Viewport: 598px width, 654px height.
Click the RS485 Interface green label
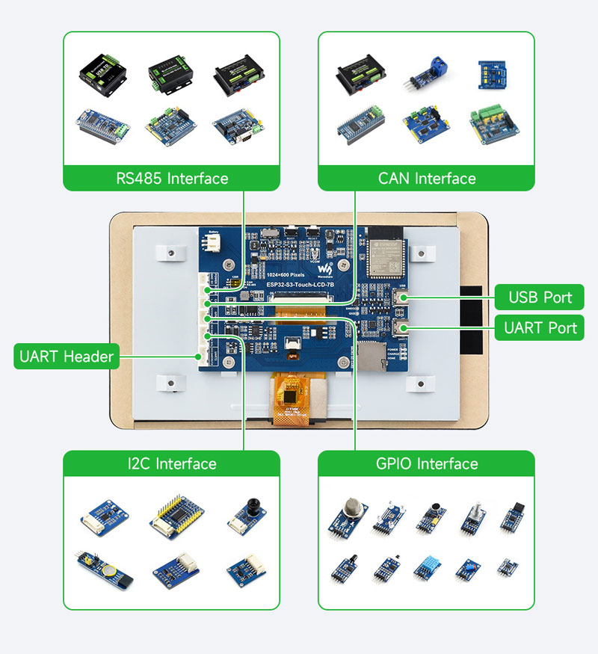pyautogui.click(x=171, y=179)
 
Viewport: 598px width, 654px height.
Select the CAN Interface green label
pyautogui.click(x=427, y=179)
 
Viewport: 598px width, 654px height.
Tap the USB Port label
pyautogui.click(x=540, y=297)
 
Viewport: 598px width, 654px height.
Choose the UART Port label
pyautogui.click(x=540, y=327)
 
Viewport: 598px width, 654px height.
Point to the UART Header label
pyautogui.click(x=67, y=357)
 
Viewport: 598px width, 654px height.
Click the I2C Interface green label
pyautogui.click(x=171, y=464)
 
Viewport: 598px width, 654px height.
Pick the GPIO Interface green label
pyautogui.click(x=427, y=464)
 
